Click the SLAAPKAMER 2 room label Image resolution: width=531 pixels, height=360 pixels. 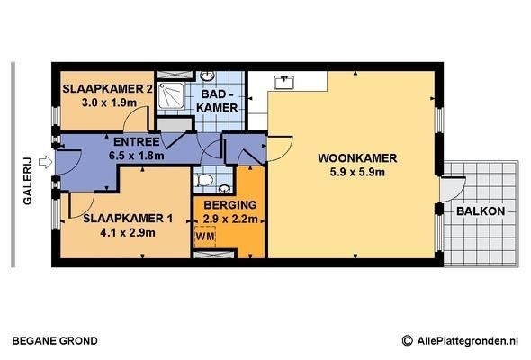tap(107, 89)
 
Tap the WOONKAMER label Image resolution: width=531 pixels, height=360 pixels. tap(357, 158)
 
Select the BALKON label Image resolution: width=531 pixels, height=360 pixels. tap(481, 211)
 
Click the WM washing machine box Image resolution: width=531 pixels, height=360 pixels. tap(205, 237)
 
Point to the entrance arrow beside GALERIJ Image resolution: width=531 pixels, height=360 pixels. tap(45, 162)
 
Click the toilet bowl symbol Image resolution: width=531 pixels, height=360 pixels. tap(205, 180)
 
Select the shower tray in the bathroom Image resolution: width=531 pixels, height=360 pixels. tap(171, 95)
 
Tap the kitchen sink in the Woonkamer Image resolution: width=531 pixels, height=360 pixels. tap(284, 82)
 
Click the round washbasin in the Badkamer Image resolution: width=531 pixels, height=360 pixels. tap(207, 76)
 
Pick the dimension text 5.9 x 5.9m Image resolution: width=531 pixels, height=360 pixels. tap(357, 173)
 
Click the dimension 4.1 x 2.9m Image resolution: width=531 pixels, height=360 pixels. tap(128, 233)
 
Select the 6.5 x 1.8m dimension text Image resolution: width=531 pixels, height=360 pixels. tap(137, 156)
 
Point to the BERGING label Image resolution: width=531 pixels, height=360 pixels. tap(230, 205)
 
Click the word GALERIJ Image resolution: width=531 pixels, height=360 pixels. tap(27, 181)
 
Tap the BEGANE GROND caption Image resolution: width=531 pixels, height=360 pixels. tap(55, 341)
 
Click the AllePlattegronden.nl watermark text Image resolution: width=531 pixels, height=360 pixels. tap(468, 341)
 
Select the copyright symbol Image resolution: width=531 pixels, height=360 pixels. tap(408, 340)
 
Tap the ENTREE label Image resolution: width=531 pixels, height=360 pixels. tap(136, 142)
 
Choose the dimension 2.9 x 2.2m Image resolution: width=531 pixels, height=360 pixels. tap(230, 219)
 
